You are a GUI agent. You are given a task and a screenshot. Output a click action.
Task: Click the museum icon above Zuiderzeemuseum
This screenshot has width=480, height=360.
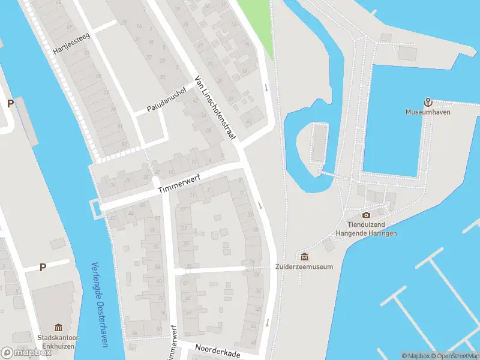[x=304, y=257]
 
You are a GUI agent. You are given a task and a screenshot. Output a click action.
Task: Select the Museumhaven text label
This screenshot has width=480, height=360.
[x=428, y=112]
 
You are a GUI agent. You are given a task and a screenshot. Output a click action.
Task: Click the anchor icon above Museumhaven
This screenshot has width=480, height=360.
[x=428, y=102]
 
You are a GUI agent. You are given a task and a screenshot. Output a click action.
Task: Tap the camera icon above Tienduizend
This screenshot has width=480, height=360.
[x=366, y=215]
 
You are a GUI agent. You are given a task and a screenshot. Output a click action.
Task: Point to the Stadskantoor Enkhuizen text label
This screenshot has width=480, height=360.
[x=58, y=341]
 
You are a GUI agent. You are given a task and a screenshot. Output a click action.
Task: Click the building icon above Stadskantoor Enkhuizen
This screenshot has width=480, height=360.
[x=58, y=327]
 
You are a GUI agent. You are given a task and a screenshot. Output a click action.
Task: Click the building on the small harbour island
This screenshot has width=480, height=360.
[x=319, y=144]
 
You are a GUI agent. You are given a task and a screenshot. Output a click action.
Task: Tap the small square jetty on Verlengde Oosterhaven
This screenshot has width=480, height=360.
[x=95, y=208]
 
